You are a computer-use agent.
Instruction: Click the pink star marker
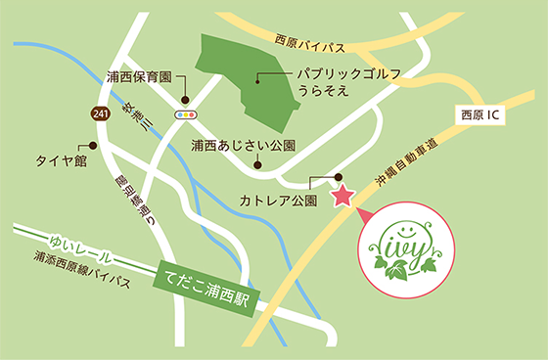[343, 198]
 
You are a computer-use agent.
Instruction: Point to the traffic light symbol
[184, 114]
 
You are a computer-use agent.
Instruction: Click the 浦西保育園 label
[139, 75]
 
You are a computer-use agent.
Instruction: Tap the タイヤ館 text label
[60, 159]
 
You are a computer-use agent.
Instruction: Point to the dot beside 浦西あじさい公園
[256, 163]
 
